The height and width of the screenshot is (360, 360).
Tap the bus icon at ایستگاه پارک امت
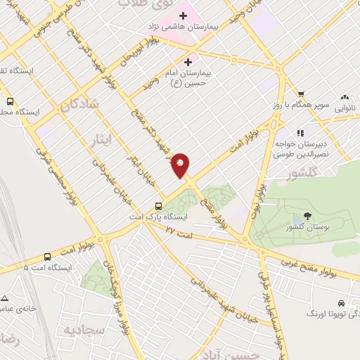point(159,207)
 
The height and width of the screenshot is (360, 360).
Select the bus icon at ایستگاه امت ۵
point(47,257)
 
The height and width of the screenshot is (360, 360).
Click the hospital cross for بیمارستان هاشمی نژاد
point(181,14)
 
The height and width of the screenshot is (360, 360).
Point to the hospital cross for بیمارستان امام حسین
point(188,62)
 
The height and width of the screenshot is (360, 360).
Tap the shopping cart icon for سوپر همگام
point(301,94)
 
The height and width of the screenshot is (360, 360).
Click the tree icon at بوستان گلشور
point(307,215)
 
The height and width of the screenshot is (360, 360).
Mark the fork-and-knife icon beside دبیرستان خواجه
point(300,132)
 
